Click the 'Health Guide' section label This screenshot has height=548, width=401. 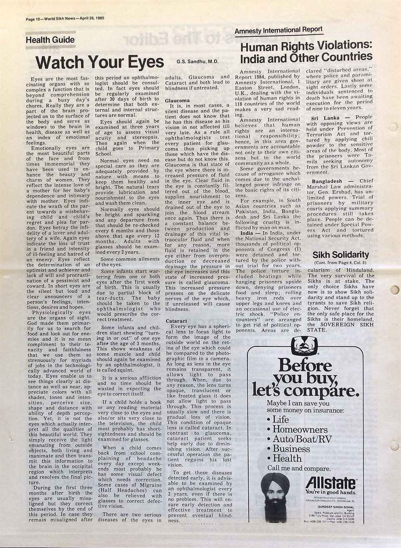click(50, 40)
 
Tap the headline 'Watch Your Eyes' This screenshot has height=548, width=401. click(99, 63)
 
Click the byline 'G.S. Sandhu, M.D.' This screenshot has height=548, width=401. click(197, 62)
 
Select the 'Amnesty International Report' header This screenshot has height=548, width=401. click(278, 30)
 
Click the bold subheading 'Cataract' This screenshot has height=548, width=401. click(176, 321)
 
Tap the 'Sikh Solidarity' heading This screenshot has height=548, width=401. click(340, 255)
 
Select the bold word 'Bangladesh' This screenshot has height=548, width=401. click(327, 181)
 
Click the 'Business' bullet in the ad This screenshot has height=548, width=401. click(291, 449)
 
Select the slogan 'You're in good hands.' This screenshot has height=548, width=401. click(330, 492)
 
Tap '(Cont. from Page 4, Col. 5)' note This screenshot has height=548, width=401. click(340, 263)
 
